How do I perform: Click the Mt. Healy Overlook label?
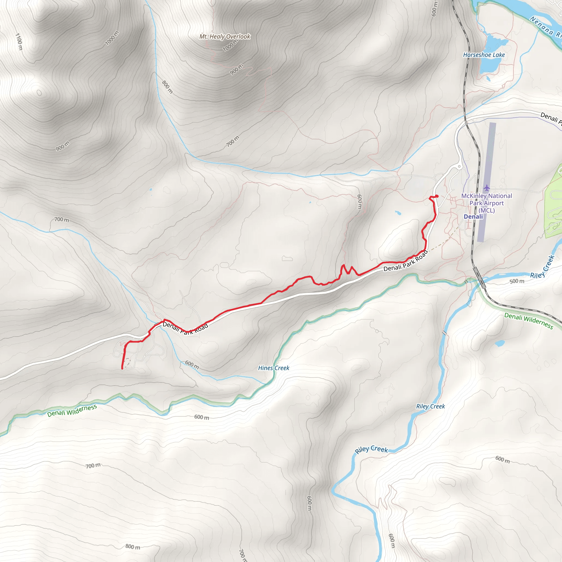click(224, 37)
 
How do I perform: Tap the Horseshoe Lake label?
click(484, 55)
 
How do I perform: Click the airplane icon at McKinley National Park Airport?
click(487, 188)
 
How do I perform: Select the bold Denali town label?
click(473, 217)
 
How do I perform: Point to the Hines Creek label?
click(274, 368)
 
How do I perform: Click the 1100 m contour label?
click(19, 41)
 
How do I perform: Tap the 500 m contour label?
click(517, 281)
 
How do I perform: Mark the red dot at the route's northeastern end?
click(437, 196)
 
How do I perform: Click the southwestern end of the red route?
click(122, 369)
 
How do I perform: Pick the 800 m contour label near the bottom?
click(133, 547)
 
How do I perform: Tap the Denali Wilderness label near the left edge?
click(72, 411)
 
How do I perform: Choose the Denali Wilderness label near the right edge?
click(529, 321)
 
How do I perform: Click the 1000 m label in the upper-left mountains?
click(112, 38)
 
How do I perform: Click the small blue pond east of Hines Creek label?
click(499, 343)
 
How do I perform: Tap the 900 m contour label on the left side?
click(63, 146)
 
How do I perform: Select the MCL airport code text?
click(487, 210)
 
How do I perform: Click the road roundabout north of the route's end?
click(460, 166)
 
